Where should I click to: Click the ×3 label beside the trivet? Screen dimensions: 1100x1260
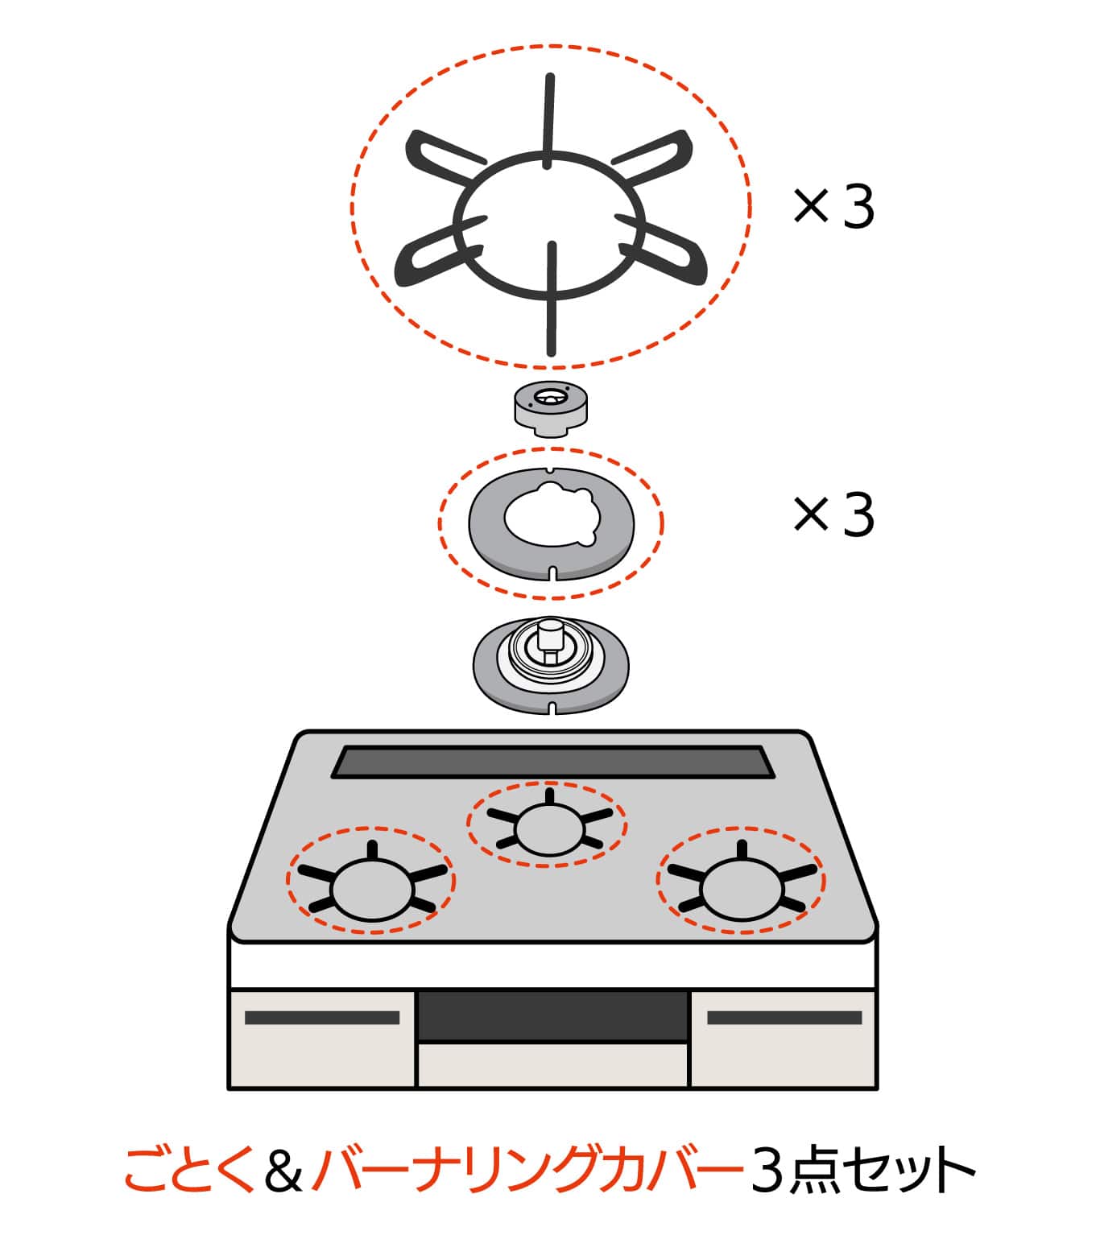[833, 208]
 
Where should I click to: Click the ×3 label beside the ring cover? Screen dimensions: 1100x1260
[833, 514]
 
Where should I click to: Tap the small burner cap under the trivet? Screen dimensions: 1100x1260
[551, 409]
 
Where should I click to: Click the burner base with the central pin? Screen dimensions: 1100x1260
[551, 665]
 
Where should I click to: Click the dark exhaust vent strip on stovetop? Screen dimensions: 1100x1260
[552, 762]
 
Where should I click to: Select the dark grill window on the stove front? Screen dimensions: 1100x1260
[552, 1016]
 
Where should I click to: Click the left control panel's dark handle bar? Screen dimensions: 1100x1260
[322, 1018]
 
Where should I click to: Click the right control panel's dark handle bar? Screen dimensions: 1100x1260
[784, 1018]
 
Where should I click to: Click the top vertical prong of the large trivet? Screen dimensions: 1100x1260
[548, 121]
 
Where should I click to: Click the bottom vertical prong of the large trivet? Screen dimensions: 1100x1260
[552, 299]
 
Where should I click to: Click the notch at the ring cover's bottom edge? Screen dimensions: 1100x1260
[552, 573]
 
